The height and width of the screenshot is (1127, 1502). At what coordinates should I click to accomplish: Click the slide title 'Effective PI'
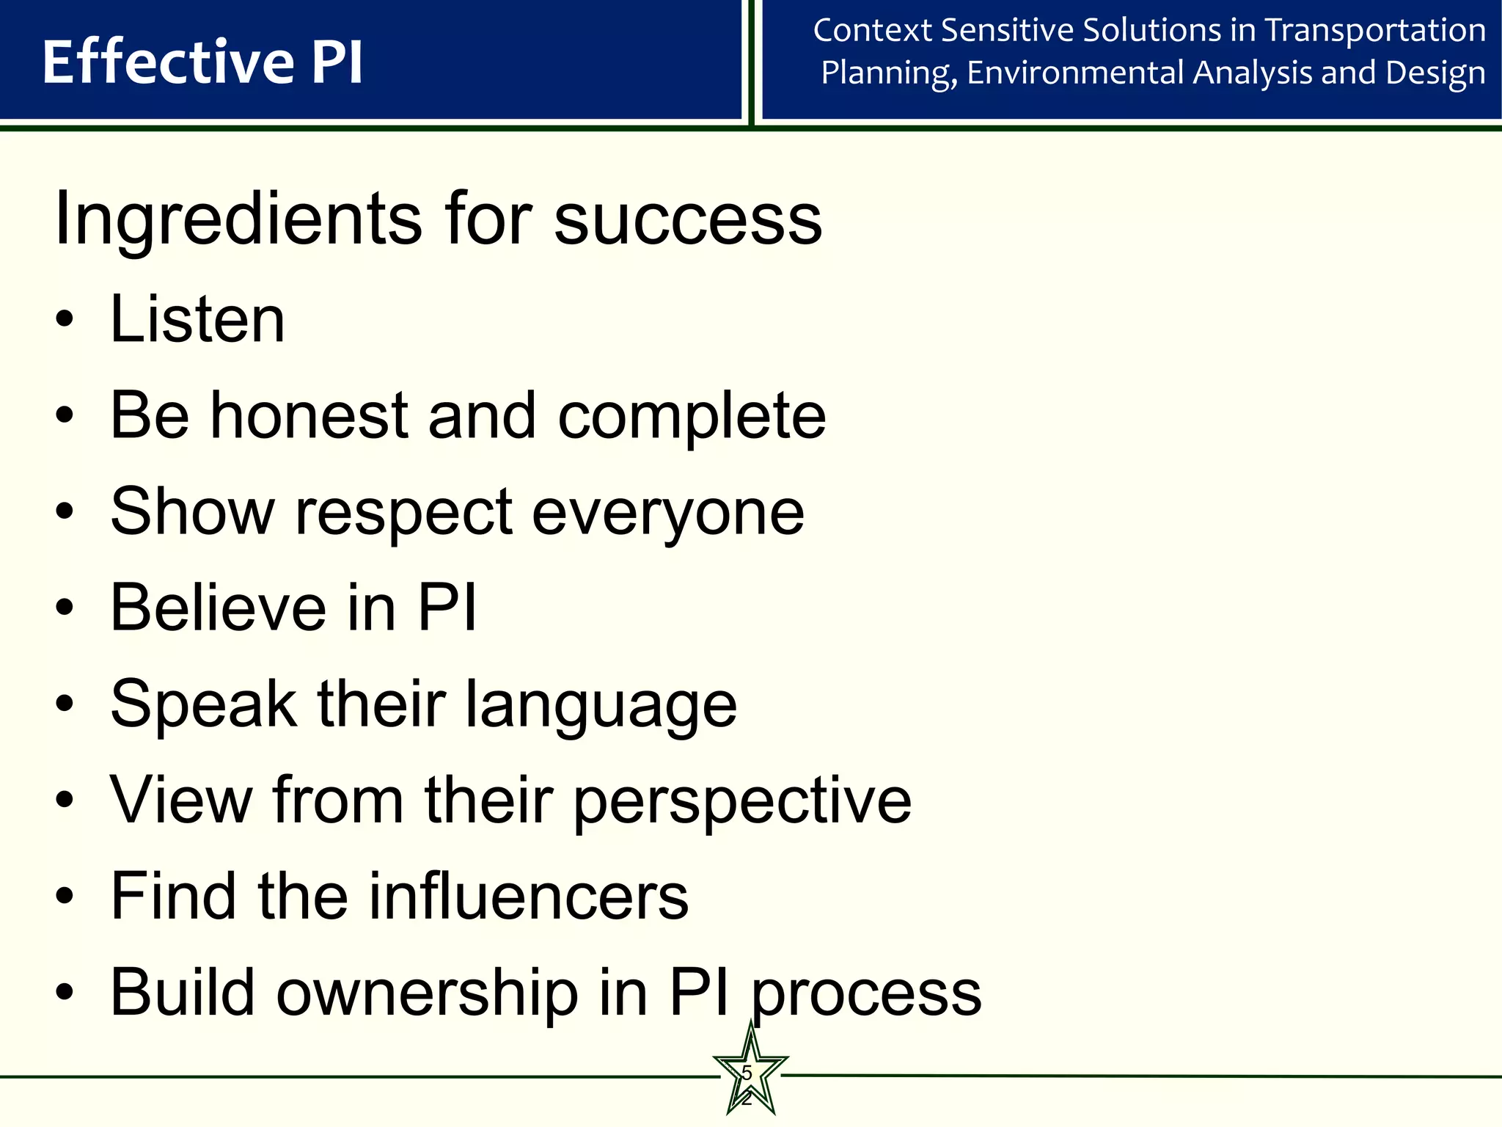pos(202,62)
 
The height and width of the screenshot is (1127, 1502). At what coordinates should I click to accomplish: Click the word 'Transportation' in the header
pos(1376,31)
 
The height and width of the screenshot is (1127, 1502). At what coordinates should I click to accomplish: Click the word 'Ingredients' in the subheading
pos(238,219)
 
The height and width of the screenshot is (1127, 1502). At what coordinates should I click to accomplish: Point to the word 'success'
pos(687,219)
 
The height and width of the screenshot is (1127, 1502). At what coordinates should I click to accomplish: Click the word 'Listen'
pos(197,319)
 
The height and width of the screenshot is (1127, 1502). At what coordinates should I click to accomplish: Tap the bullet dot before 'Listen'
pos(65,320)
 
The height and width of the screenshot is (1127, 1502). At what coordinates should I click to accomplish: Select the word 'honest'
pos(309,415)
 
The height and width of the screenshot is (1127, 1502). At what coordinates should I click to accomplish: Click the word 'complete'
pos(692,417)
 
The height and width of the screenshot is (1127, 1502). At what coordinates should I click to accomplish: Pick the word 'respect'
pos(403,513)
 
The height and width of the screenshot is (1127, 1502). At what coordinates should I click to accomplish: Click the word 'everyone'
pos(667,513)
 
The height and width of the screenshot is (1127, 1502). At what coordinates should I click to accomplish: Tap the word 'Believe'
pos(218,608)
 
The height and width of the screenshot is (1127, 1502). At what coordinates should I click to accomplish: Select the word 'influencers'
pos(528,896)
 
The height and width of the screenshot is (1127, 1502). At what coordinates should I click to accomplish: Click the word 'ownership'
pos(426,992)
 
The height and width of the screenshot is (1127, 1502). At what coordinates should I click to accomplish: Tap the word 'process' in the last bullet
pos(867,993)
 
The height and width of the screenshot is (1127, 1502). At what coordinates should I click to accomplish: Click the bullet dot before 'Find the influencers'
pos(65,896)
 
